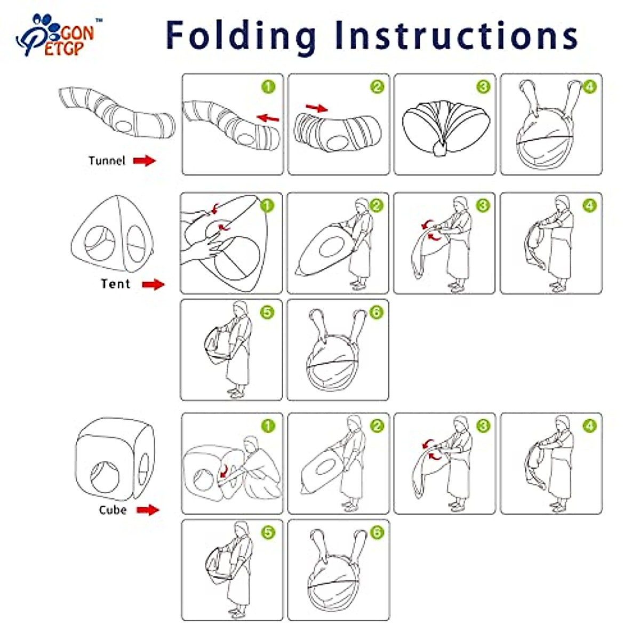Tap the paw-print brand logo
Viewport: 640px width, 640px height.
point(55,35)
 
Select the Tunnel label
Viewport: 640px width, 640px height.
point(107,161)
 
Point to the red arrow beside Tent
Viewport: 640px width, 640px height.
point(153,284)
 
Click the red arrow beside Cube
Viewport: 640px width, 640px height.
point(148,510)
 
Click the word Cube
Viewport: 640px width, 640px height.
point(113,510)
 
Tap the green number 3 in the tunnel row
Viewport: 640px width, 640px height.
point(483,87)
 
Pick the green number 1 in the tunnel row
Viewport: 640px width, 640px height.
point(268,87)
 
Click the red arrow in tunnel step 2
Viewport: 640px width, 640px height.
point(317,108)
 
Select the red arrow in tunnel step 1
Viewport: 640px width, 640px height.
point(268,118)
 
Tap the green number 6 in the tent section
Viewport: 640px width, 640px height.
point(377,312)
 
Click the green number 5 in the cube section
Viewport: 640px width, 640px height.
point(268,532)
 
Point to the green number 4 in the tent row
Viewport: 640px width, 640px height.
point(589,205)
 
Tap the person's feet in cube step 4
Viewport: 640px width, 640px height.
point(558,508)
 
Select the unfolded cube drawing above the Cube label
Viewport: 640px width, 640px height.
point(115,459)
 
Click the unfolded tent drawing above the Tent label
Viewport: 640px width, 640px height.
point(112,234)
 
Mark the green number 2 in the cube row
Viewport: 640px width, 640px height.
point(377,426)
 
